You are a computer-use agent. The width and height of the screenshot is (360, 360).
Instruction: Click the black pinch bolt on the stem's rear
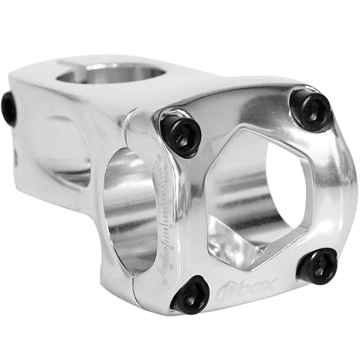[8, 109]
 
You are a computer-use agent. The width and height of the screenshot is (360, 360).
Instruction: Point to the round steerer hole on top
[111, 73]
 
